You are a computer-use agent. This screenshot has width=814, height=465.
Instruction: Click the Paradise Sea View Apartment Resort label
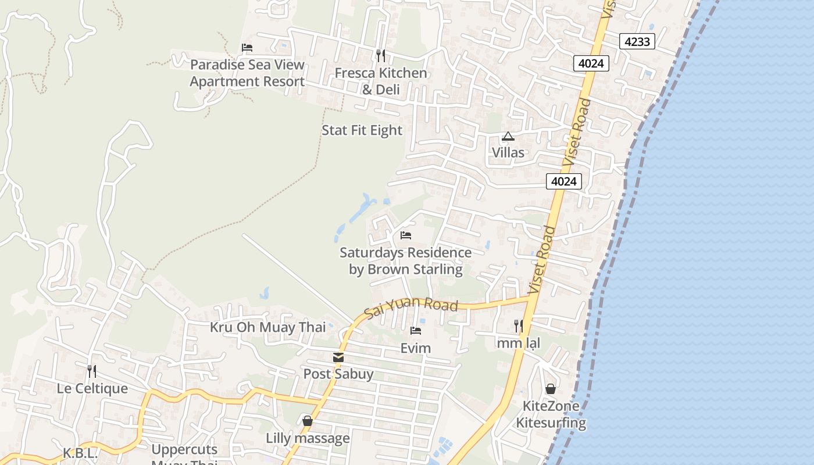coord(247,73)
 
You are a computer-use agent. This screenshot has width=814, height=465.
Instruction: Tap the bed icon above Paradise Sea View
coord(247,48)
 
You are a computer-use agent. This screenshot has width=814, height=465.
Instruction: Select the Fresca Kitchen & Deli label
coord(380,81)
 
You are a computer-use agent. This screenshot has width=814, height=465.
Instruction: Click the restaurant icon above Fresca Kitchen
coord(381,56)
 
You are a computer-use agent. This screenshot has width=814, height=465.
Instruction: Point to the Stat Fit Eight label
coord(362,130)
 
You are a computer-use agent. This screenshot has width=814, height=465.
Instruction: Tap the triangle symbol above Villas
coord(508,137)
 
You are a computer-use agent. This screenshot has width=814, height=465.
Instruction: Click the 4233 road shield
coord(637,41)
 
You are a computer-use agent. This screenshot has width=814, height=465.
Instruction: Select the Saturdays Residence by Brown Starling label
coord(405,261)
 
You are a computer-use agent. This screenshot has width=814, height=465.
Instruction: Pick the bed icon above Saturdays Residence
coord(406,235)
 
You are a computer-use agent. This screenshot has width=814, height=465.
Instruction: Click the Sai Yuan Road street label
coord(411,307)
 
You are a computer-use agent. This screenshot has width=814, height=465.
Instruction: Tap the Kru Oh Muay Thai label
coord(267,327)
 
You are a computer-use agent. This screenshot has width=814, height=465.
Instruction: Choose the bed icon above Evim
coord(416,331)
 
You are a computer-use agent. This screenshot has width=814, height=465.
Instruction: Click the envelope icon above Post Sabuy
coord(338,357)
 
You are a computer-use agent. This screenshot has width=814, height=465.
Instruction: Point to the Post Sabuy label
coord(338,374)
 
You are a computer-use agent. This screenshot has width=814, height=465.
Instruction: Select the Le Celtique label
coord(92,388)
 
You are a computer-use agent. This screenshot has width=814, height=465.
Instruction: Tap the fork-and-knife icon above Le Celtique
coord(92,370)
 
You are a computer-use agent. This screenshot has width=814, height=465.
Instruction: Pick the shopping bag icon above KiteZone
coord(551,389)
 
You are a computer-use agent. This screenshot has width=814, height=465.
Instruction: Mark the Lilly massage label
coord(308,438)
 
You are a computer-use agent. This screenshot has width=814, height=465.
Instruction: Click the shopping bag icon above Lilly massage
coord(308,421)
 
